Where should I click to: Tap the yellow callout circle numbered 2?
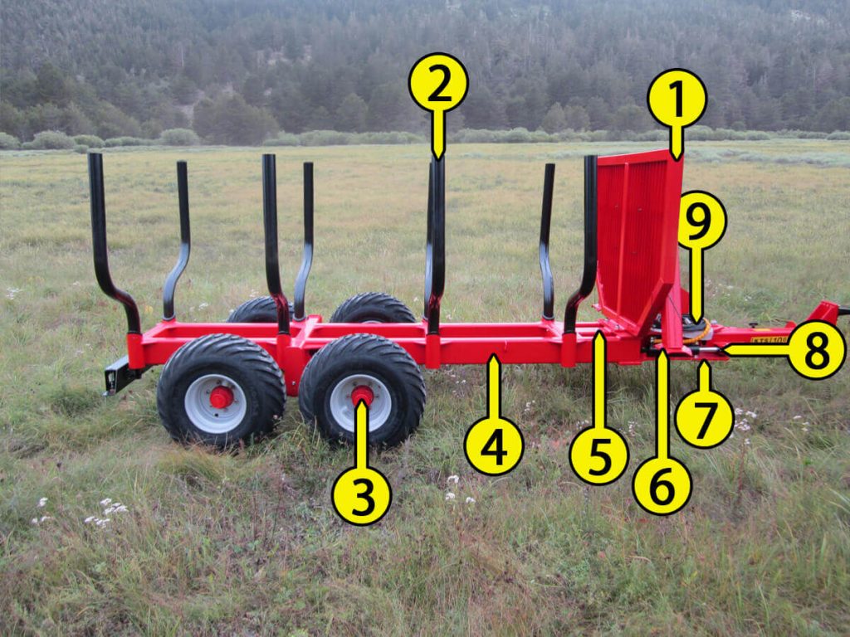(x=438, y=83)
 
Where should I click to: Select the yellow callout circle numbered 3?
(x=361, y=495)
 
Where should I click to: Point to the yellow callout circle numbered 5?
(x=598, y=455)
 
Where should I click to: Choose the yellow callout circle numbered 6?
(x=662, y=485)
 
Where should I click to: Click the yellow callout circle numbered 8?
(x=816, y=349)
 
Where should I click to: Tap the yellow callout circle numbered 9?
(x=701, y=220)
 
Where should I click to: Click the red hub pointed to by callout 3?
(x=362, y=396)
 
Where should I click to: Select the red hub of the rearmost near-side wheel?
(x=221, y=397)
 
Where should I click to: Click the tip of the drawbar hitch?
(x=843, y=311)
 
